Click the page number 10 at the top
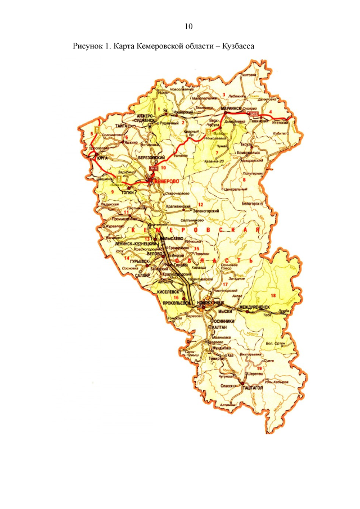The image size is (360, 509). [188, 26]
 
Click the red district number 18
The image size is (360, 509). [274, 295]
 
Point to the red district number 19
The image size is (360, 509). [259, 368]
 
